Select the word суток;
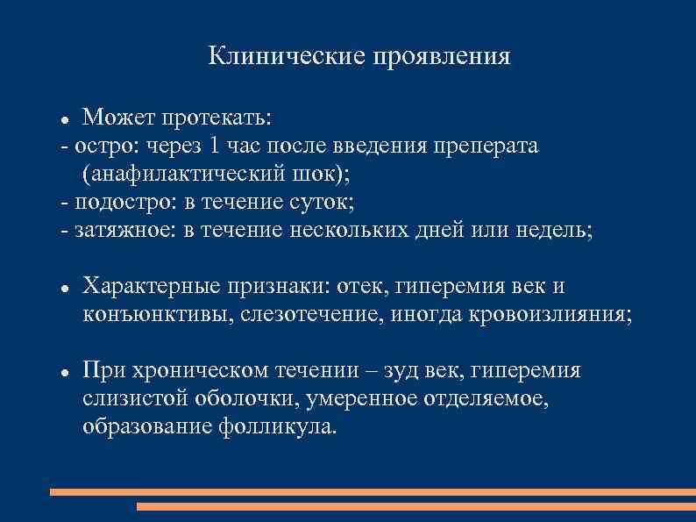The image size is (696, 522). click(x=323, y=202)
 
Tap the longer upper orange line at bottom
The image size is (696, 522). click(x=373, y=492)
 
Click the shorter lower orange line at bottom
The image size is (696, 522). click(x=415, y=506)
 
